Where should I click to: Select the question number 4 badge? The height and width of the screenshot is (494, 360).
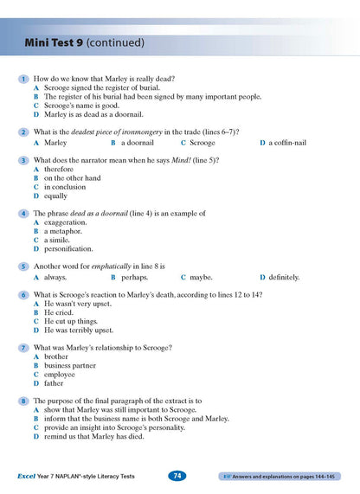tap(22, 213)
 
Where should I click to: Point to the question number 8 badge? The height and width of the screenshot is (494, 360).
tap(22, 401)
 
